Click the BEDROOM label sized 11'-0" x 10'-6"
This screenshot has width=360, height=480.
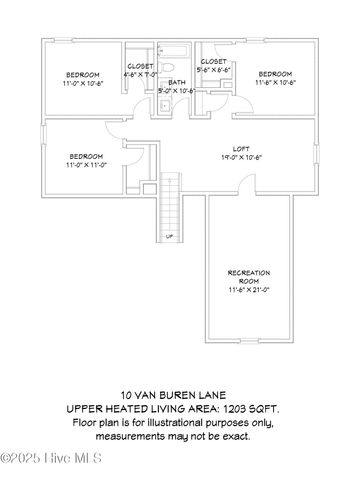83,75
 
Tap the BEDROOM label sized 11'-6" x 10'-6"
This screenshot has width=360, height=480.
274,75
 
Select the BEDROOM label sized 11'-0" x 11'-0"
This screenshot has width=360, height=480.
86,156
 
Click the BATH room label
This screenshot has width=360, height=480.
177,82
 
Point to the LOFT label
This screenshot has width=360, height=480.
241,148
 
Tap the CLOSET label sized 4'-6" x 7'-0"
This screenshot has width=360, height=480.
140,66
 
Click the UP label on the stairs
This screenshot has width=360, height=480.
170,236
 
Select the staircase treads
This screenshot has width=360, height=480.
172,200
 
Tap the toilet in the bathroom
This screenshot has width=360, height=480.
178,67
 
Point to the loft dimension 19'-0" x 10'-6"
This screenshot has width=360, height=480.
241,157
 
